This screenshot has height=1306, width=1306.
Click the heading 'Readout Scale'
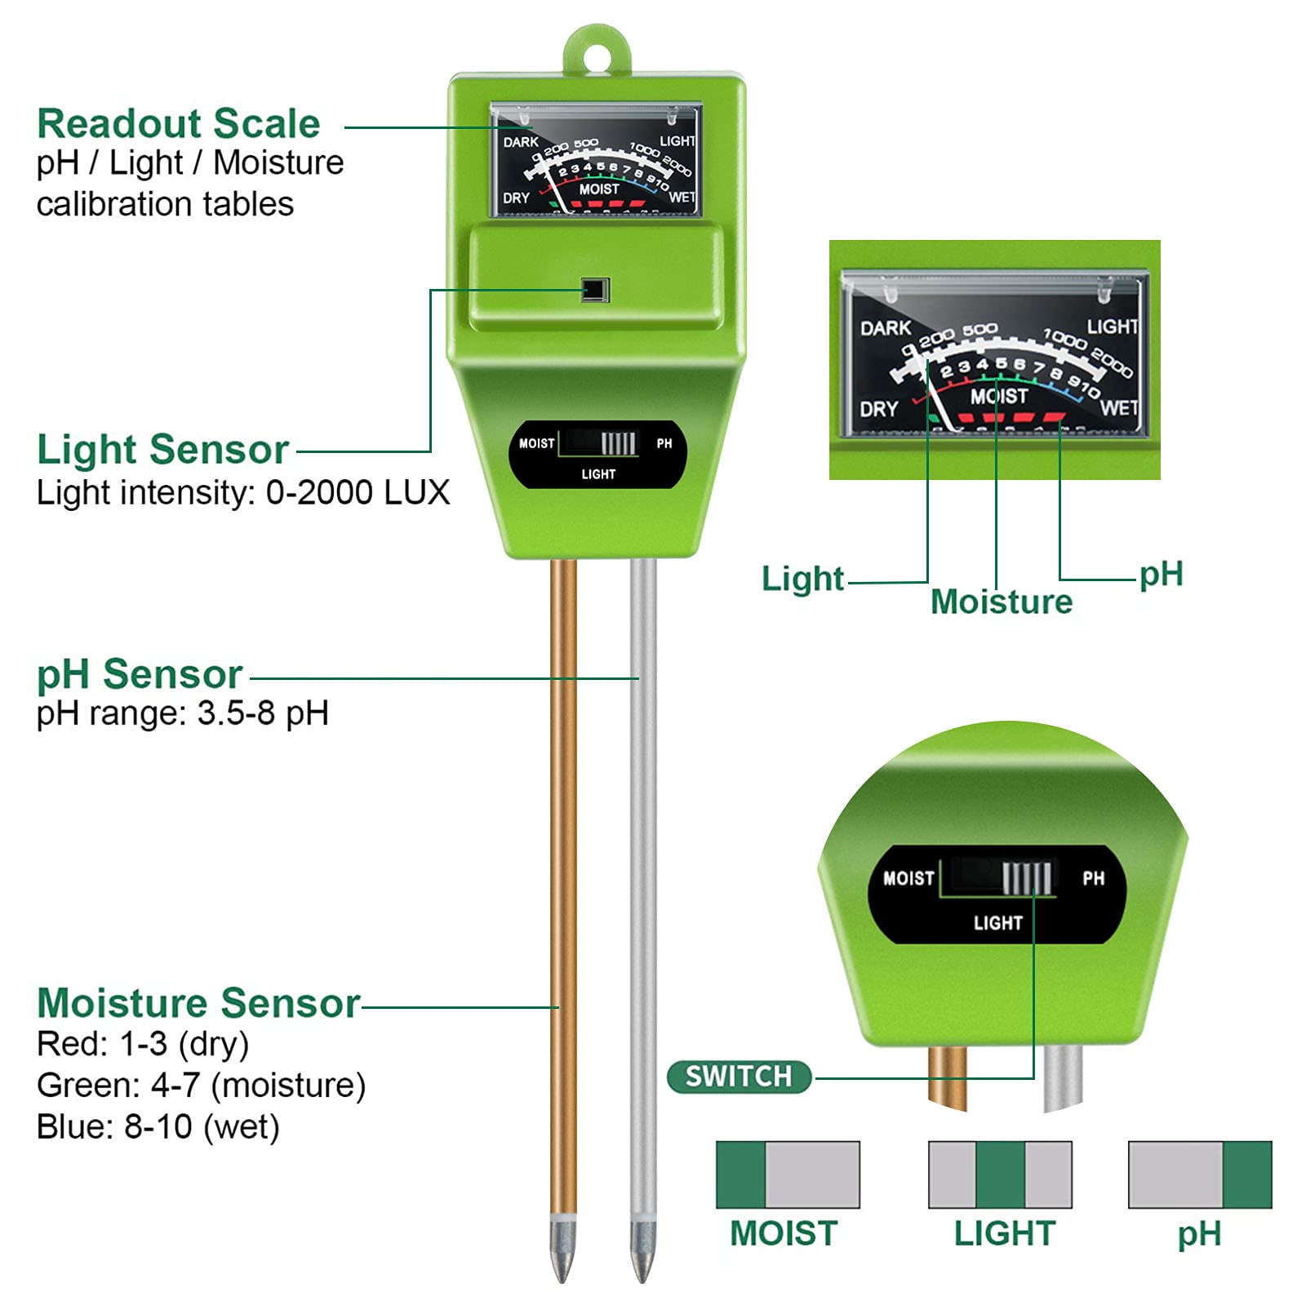178,124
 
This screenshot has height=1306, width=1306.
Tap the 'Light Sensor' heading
162,450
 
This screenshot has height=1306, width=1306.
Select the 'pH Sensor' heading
140,674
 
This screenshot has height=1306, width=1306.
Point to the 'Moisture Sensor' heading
198,1002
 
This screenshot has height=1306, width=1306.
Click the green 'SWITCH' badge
739,1077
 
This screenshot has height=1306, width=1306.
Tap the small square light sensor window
596,290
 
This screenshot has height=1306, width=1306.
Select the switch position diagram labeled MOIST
788,1175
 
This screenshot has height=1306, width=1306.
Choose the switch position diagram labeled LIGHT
1000,1175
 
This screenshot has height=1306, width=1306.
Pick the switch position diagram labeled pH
1200,1175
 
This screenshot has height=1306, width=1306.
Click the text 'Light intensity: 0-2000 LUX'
243,493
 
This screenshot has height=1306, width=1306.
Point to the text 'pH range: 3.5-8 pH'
183,713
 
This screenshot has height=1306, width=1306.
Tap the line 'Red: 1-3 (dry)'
143,1044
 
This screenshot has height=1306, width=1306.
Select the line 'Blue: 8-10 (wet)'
158,1127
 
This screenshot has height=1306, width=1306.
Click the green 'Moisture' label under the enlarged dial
1002,602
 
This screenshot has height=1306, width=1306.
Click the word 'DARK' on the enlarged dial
886,328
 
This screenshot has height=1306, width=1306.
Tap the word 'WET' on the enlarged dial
1119,407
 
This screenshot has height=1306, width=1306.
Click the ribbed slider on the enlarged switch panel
1026,878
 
